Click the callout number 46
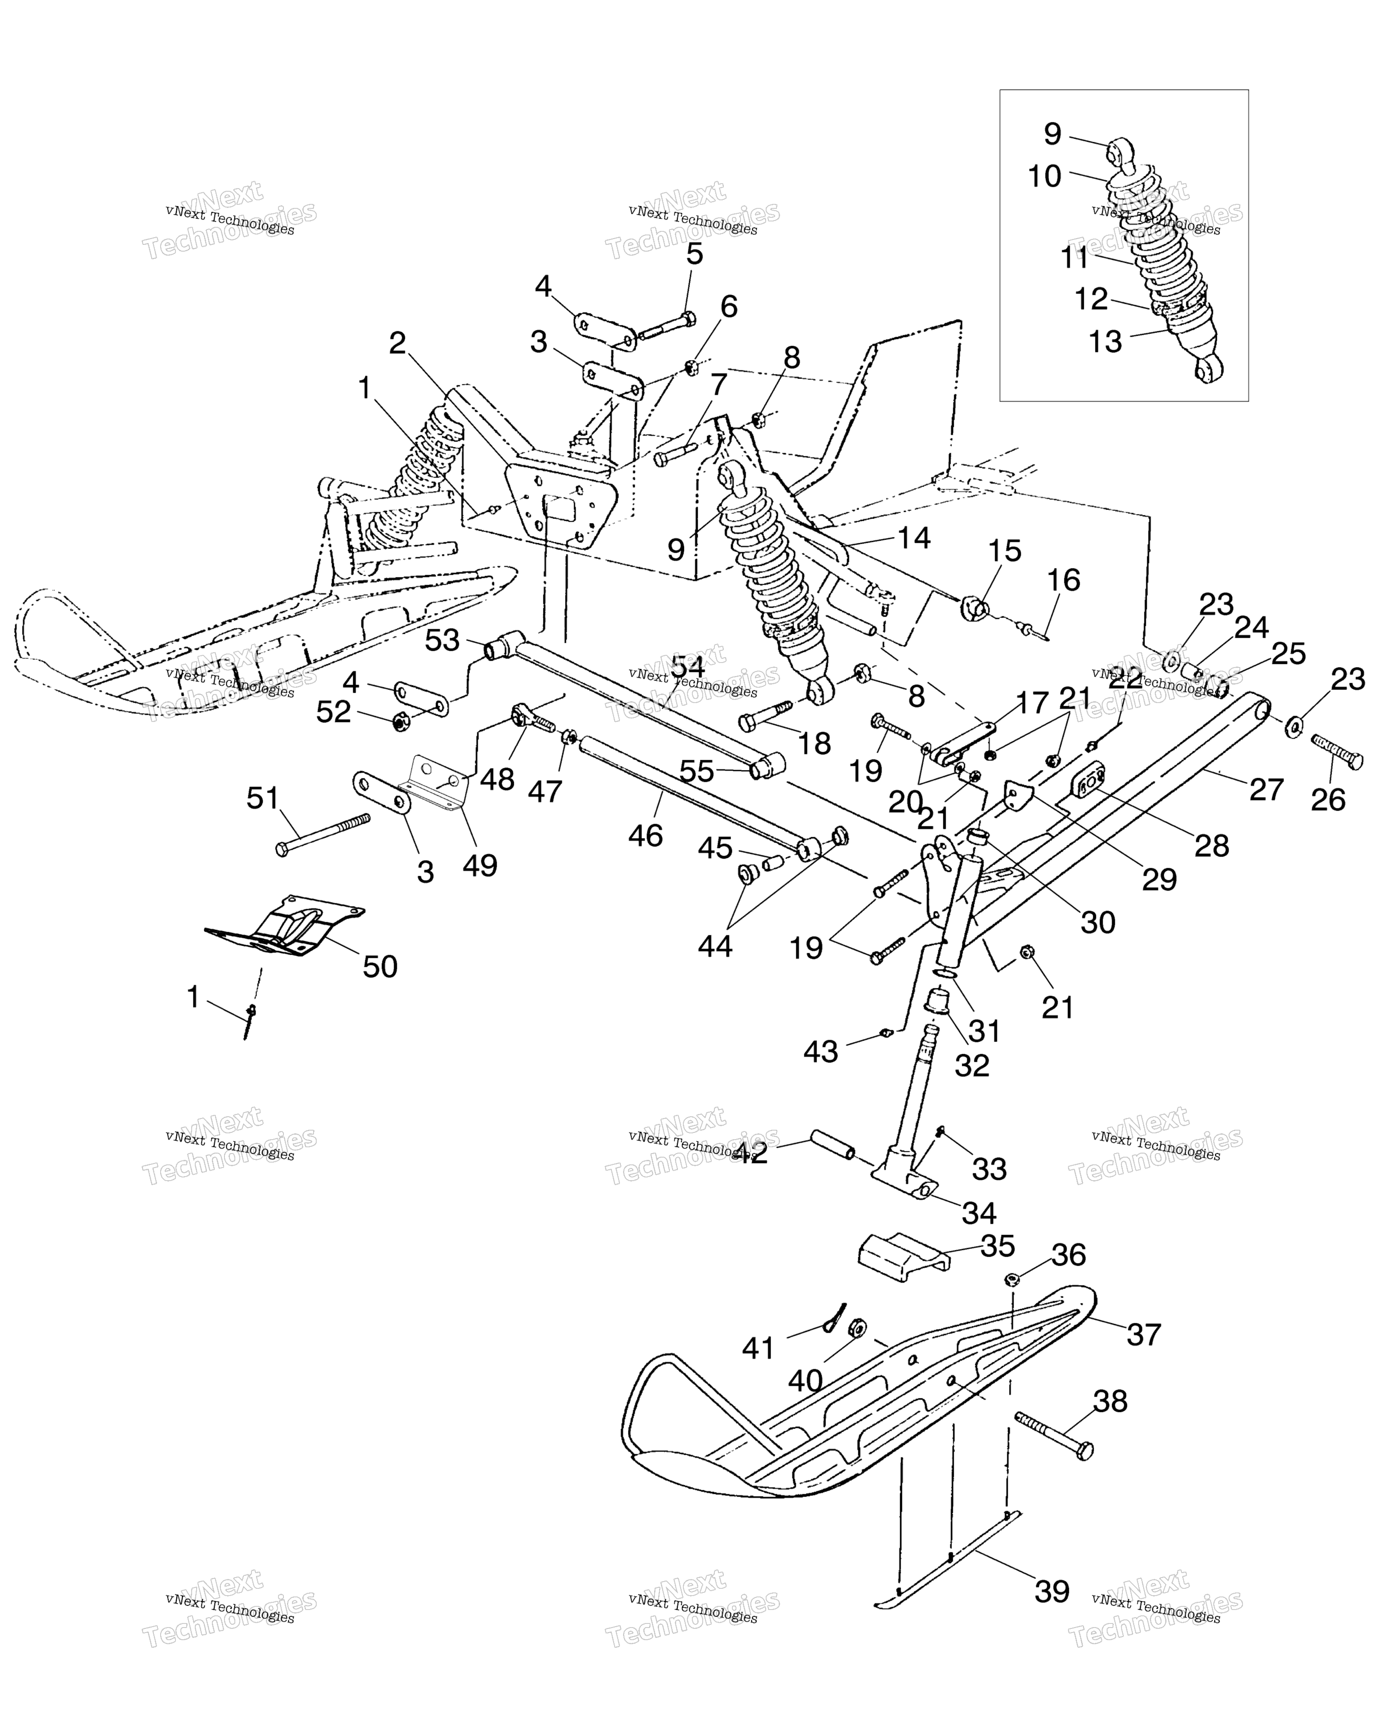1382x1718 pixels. (645, 835)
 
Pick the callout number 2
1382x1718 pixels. (398, 343)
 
